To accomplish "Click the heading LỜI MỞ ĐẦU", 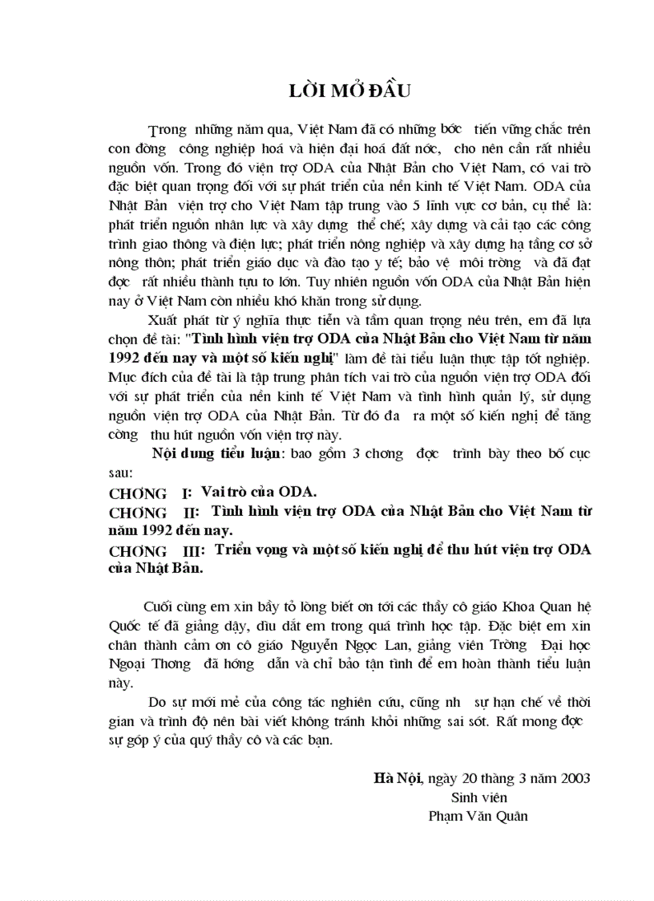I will pyautogui.click(x=349, y=91).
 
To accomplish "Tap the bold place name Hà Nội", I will pyautogui.click(x=398, y=777).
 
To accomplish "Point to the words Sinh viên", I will pyautogui.click(x=479, y=797).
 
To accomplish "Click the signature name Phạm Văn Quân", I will pyautogui.click(x=478, y=816).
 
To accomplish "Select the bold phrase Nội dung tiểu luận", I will pyautogui.click(x=212, y=454).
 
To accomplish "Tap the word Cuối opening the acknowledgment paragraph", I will pyautogui.click(x=158, y=606).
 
